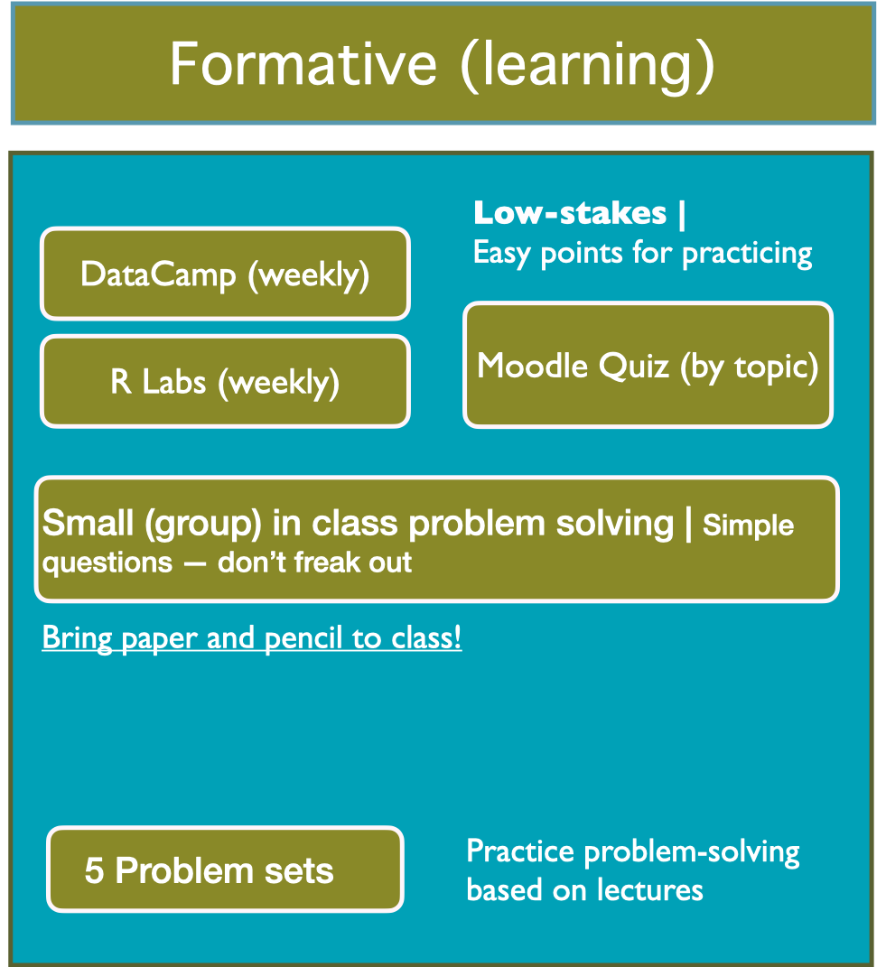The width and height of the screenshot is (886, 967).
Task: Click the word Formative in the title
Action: (x=303, y=63)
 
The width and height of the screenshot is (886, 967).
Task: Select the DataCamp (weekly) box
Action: (x=225, y=274)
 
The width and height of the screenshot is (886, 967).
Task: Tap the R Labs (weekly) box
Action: (x=225, y=381)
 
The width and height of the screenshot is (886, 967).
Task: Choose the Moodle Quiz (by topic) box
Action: (x=648, y=365)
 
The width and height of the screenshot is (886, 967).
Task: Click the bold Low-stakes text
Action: (x=571, y=214)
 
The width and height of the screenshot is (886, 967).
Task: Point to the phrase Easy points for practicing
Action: (x=642, y=253)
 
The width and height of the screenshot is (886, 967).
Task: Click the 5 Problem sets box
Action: (x=225, y=869)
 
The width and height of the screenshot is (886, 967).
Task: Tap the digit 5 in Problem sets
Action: (x=95, y=870)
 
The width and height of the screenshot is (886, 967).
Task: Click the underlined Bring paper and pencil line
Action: (x=252, y=637)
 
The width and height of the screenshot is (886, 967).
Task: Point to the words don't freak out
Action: (x=314, y=562)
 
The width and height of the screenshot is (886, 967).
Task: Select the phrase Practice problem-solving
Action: (x=632, y=851)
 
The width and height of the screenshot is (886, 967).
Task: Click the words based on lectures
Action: (x=584, y=889)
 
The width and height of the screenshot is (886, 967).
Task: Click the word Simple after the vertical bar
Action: (x=748, y=525)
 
